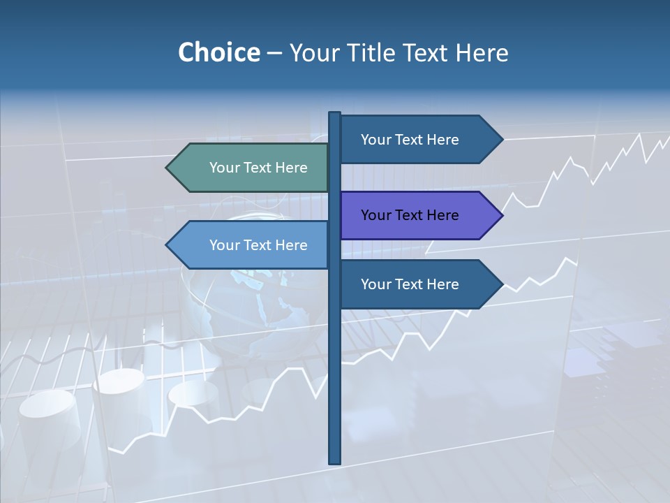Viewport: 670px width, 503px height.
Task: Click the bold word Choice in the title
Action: pos(218,52)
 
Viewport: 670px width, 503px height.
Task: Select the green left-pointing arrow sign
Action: pos(251,168)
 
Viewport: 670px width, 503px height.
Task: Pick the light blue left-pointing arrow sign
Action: pos(251,245)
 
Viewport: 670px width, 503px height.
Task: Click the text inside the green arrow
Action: pos(258,168)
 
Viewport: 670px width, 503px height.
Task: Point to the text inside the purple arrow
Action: pos(410,215)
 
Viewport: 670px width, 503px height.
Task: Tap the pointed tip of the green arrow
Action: pos(167,168)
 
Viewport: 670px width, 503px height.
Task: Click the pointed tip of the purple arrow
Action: pos(502,215)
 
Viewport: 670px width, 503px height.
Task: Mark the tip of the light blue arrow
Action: pos(167,245)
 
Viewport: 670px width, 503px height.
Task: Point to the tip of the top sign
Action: pos(502,140)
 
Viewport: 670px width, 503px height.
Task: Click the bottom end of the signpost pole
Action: pos(335,461)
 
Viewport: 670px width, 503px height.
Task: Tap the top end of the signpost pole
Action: pos(335,114)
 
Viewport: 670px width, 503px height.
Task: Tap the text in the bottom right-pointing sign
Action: pos(410,284)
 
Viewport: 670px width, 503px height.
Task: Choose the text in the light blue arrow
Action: pos(258,245)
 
